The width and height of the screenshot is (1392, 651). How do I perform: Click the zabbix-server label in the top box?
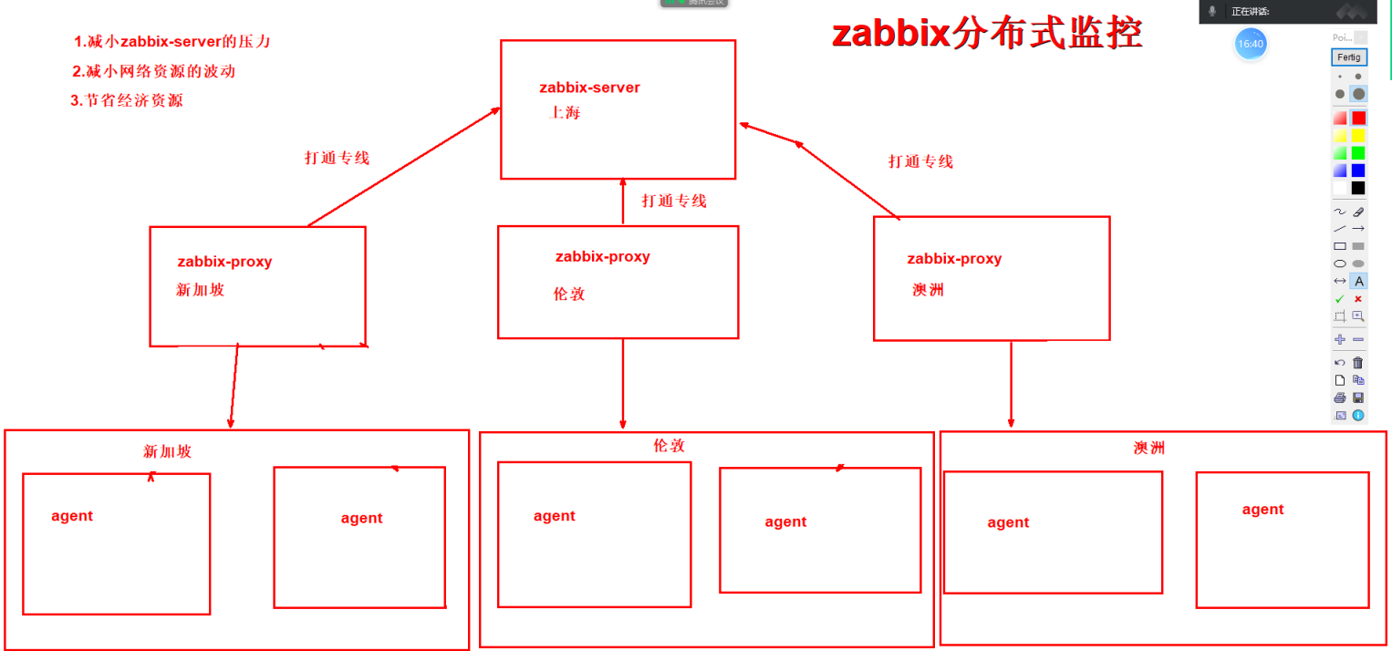coord(589,88)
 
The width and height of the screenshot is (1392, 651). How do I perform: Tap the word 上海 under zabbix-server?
coord(565,113)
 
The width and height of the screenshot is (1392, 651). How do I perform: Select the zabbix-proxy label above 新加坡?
coord(224,262)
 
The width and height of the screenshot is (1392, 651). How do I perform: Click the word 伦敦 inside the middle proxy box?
coord(569,294)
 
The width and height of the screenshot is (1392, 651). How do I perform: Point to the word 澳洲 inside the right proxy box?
coord(928,290)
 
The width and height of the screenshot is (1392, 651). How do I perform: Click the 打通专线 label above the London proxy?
coord(674,201)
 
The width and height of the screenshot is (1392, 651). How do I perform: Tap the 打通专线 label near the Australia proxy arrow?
coord(920,161)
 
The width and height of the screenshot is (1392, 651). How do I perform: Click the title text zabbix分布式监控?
coord(987,36)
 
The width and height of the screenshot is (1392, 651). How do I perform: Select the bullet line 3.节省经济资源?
coord(127,100)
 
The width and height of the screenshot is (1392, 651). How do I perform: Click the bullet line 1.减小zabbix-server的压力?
coord(172,41)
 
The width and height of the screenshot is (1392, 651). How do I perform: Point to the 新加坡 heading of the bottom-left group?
coord(168,451)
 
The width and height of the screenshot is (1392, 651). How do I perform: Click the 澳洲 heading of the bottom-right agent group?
coord(1148,448)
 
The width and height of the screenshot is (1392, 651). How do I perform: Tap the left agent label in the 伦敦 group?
coord(555,516)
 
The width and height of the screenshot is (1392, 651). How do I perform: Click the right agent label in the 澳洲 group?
coord(1262,510)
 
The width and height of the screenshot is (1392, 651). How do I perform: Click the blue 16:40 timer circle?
coord(1251,44)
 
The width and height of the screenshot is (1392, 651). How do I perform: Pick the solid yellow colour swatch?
coord(1358,135)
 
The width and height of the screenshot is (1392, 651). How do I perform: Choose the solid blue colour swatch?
coord(1358,170)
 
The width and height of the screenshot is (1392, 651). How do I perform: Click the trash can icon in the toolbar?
coord(1358,363)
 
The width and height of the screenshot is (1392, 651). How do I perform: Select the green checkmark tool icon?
coord(1340,299)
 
